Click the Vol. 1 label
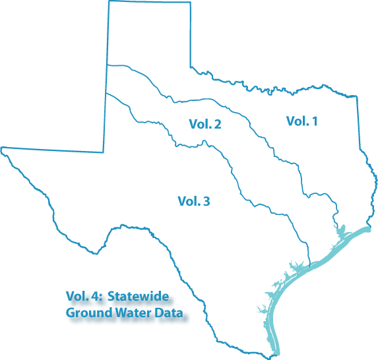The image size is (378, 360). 301,121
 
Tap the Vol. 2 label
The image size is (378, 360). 205,124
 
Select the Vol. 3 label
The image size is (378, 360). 194,201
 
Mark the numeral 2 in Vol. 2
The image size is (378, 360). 217,124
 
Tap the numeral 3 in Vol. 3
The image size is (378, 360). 206,201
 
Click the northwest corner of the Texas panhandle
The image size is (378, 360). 109,1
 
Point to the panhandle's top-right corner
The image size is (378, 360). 190,2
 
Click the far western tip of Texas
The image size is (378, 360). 2,148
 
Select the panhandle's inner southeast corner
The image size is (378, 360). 191,67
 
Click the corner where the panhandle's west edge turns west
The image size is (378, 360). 103,152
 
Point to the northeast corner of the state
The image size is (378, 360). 356,96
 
